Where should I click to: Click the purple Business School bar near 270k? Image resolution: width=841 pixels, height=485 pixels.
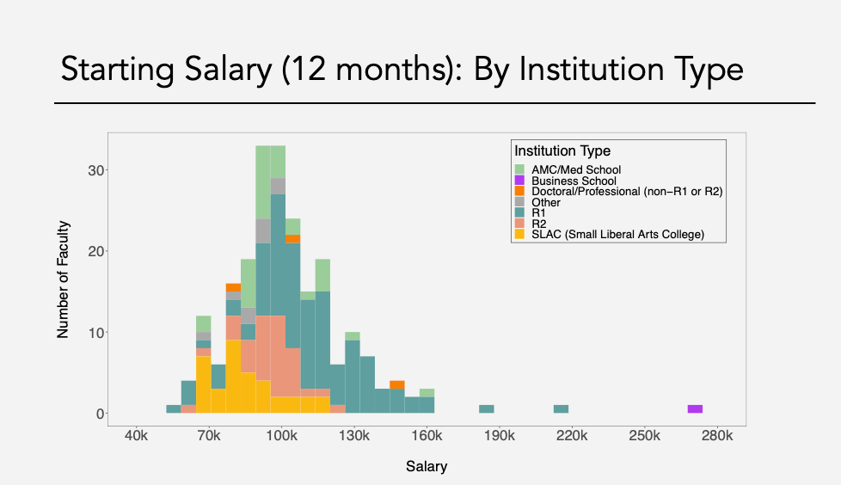click(695, 408)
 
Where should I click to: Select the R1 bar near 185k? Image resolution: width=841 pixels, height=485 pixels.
click(486, 408)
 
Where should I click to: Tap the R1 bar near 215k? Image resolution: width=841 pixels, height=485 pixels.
click(561, 408)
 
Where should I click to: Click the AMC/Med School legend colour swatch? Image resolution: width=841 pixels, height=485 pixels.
click(519, 169)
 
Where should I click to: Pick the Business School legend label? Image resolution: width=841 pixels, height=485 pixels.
click(574, 181)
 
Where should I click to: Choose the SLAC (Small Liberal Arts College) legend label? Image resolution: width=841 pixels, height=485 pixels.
click(617, 234)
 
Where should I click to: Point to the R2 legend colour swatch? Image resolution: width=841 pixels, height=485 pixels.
click(519, 224)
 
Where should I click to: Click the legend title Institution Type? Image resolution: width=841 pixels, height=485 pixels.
click(562, 151)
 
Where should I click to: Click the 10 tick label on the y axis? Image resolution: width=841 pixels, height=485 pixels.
click(96, 332)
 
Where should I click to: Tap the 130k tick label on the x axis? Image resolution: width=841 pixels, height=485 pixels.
click(353, 437)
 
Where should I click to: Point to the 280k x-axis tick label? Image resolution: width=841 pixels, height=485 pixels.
click(717, 437)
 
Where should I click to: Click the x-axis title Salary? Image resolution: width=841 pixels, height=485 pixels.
click(427, 467)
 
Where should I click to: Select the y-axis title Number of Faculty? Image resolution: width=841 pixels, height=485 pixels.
click(64, 279)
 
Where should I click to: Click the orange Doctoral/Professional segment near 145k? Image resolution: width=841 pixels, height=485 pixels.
click(396, 384)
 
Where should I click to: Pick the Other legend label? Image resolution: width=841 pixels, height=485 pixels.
click(546, 202)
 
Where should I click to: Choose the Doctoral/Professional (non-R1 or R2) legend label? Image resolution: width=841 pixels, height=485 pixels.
click(627, 192)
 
